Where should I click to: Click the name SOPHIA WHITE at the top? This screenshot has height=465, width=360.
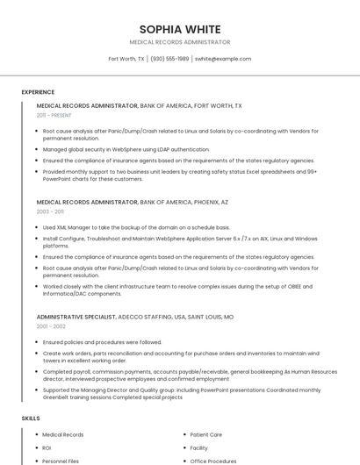(179, 29)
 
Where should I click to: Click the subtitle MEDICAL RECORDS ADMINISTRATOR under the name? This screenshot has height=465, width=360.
(179, 42)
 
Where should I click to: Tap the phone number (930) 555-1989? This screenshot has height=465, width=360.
(169, 59)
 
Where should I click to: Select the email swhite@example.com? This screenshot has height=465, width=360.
(223, 59)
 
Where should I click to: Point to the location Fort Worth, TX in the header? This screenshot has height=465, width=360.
(126, 59)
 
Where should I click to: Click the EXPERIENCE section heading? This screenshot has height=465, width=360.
(38, 92)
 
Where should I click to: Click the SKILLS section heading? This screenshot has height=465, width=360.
(31, 418)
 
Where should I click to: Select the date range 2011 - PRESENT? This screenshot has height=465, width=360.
(54, 115)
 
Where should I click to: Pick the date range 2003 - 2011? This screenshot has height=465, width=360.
(50, 211)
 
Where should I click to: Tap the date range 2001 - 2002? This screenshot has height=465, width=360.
(50, 326)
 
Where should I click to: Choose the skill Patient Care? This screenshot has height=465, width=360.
(206, 434)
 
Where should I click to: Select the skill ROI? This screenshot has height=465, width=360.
(47, 447)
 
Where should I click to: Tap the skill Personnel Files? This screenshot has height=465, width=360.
(61, 461)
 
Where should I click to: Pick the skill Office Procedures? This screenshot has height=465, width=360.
(213, 461)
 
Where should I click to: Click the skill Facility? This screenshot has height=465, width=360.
(199, 447)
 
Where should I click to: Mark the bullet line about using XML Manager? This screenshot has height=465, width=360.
(136, 227)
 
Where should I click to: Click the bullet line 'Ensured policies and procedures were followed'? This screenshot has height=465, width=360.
(102, 342)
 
